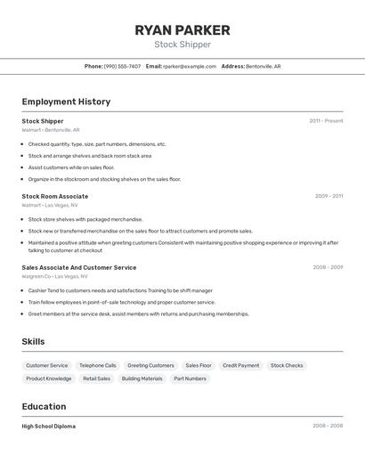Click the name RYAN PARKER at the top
[182, 30]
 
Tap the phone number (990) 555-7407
[122, 66]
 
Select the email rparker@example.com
[190, 66]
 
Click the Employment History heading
[66, 102]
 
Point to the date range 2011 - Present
[326, 121]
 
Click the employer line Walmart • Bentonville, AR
[51, 130]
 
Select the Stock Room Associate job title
[55, 196]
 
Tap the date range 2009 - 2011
[328, 196]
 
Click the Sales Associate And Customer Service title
[79, 267]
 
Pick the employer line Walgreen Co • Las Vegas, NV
[55, 276]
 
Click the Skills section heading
[33, 342]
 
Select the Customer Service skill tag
[46, 365]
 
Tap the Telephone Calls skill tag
[97, 365]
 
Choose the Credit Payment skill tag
[240, 365]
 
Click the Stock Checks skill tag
[287, 365]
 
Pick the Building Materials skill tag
[142, 378]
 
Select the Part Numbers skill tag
[190, 378]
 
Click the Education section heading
[44, 407]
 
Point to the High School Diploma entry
[49, 427]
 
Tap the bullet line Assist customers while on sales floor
[71, 167]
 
